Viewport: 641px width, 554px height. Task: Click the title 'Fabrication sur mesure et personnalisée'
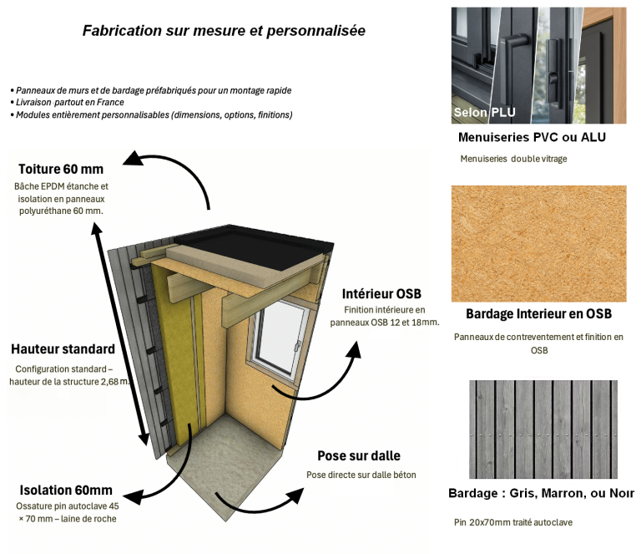(x=223, y=31)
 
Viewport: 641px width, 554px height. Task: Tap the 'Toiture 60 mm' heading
(x=61, y=170)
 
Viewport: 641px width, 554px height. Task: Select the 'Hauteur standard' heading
(x=63, y=349)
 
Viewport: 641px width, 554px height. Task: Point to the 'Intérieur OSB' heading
(x=381, y=294)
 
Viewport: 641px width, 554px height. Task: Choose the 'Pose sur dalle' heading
(x=359, y=456)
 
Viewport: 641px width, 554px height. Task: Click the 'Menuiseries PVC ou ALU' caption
(x=532, y=137)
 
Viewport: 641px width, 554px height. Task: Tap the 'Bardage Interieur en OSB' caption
(x=538, y=314)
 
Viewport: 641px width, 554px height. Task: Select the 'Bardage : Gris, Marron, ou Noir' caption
(x=541, y=494)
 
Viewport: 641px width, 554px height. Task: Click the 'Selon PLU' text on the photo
(x=484, y=112)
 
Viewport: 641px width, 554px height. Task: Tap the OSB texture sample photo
(x=538, y=243)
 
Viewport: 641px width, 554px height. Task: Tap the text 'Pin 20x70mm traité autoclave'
(x=513, y=523)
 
